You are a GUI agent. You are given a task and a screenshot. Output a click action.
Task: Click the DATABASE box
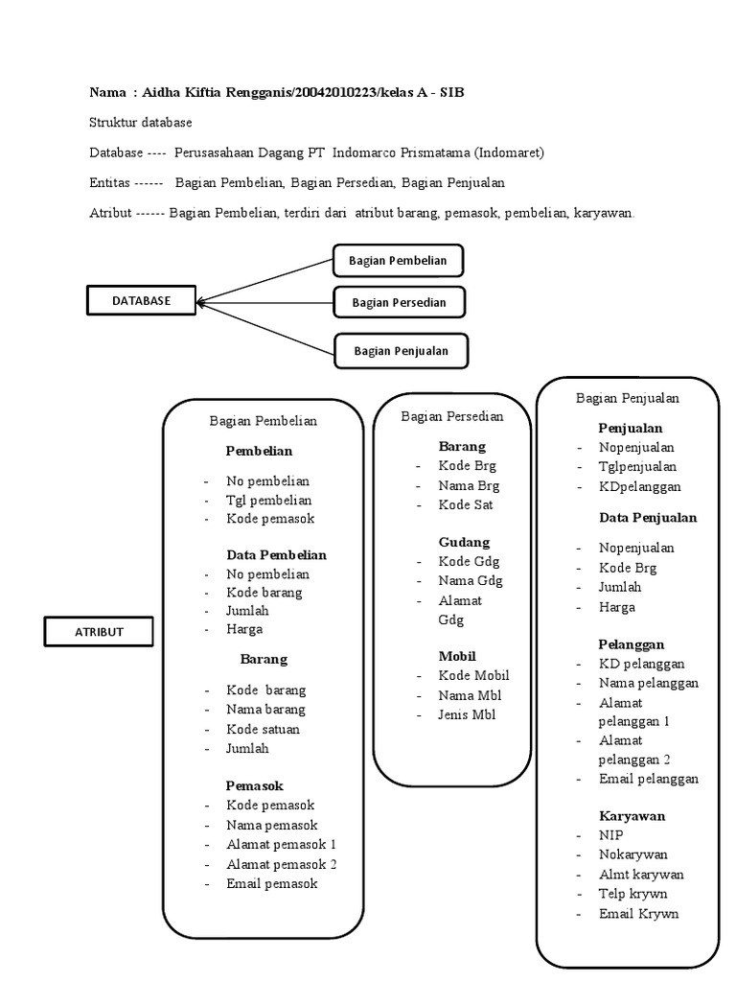(141, 300)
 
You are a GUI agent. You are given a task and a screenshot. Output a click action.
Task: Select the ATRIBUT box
(99, 632)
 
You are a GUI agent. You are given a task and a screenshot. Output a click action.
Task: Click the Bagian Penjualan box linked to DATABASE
(401, 351)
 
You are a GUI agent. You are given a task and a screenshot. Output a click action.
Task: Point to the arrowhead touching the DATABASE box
(199, 302)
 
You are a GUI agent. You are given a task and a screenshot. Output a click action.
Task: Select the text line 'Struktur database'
(140, 122)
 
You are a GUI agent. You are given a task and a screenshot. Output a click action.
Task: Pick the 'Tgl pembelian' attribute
(268, 500)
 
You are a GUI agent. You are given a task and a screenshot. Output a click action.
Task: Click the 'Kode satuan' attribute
(263, 729)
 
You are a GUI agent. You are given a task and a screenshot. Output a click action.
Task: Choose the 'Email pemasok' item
(271, 883)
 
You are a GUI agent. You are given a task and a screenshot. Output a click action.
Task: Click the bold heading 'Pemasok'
(254, 785)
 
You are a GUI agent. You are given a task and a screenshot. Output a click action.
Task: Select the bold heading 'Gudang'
(464, 542)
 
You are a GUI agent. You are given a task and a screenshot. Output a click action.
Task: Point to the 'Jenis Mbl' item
(468, 714)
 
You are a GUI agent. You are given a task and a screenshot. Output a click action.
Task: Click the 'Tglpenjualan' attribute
(637, 467)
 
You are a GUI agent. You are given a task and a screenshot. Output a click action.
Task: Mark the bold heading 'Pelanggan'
(632, 644)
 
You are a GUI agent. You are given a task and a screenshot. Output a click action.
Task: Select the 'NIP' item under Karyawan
(610, 835)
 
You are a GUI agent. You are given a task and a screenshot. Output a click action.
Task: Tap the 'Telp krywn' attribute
(632, 894)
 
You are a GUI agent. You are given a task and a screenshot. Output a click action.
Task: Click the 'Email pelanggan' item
(649, 779)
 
